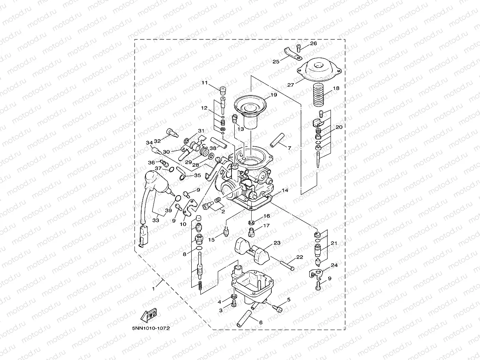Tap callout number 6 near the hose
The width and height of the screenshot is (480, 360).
point(260,323)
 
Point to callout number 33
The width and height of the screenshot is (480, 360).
point(156,220)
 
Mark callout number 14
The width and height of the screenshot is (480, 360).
point(285,190)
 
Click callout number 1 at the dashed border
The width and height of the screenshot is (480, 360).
point(153,288)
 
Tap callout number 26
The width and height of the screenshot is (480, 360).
point(314,43)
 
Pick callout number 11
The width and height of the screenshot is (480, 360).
point(204,83)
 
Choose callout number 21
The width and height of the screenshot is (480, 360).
point(334,243)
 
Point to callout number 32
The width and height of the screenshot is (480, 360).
point(157,140)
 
